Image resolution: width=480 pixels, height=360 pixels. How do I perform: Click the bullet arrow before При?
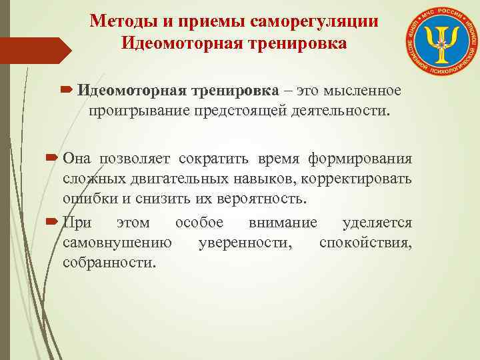pyautogui.click(x=53, y=222)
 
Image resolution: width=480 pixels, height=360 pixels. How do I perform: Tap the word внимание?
pyautogui.click(x=283, y=222)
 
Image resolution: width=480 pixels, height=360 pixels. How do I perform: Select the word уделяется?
pyautogui.click(x=377, y=222)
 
